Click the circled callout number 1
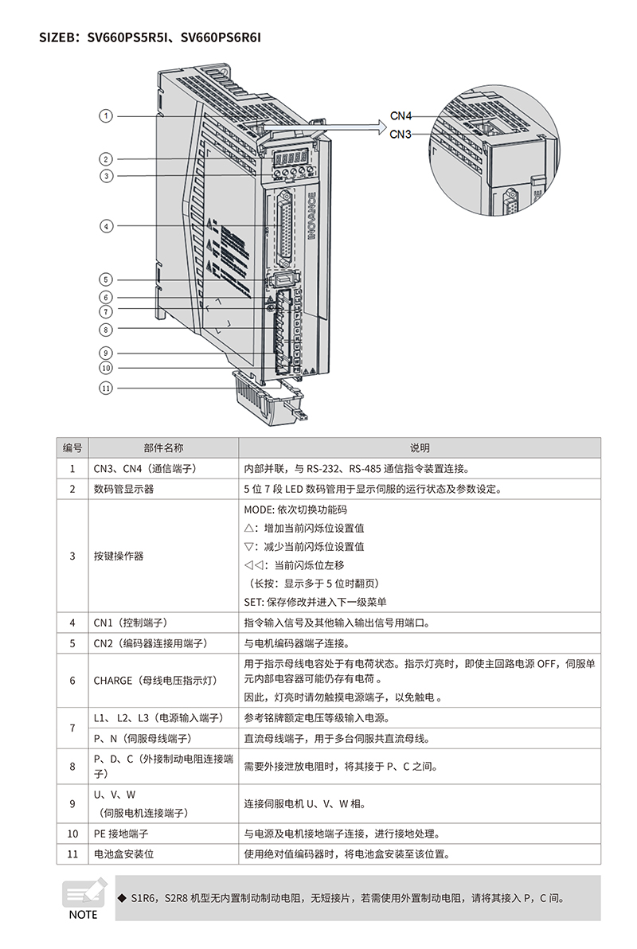point(106,116)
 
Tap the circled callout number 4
point(106,226)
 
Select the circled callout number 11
point(106,388)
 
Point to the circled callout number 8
point(106,329)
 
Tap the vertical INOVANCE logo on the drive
point(312,215)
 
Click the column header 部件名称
point(162,448)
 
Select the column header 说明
point(420,448)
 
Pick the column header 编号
point(72,448)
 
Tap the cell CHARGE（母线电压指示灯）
point(154,681)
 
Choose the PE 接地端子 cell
point(121,834)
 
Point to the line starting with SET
point(315,602)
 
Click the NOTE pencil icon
point(83,893)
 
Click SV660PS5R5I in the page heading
point(130,37)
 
